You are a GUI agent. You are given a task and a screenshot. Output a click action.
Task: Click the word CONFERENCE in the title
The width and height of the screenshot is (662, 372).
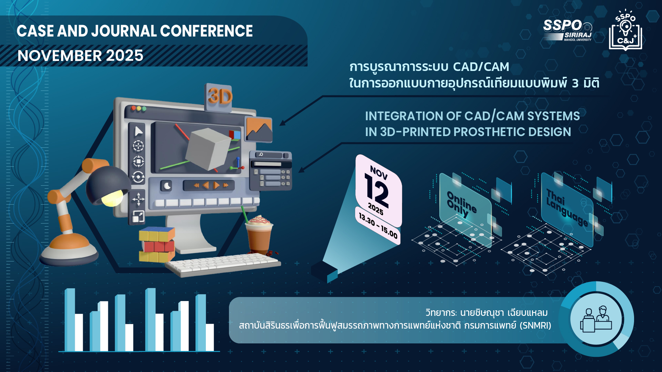[x=206, y=31]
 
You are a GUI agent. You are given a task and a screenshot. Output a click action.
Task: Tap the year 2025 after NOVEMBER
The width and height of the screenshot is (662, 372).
[x=124, y=55]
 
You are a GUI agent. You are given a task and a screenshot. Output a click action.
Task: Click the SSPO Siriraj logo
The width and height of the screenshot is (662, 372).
[x=568, y=30]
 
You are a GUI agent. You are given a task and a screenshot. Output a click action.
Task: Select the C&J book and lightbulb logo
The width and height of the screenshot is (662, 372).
[x=625, y=30]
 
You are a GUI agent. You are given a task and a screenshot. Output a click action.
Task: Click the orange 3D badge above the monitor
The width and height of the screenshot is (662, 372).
[x=220, y=97]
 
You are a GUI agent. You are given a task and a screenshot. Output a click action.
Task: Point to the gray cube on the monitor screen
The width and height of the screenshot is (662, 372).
[x=208, y=149]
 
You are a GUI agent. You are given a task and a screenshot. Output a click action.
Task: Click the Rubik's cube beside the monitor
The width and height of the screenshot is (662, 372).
[x=157, y=244]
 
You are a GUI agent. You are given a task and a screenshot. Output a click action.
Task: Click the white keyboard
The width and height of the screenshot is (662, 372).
[x=223, y=265]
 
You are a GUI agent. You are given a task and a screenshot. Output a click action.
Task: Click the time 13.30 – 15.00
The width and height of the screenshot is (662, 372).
[x=378, y=226]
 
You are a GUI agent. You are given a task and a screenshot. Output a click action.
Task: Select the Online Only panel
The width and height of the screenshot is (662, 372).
[x=465, y=210]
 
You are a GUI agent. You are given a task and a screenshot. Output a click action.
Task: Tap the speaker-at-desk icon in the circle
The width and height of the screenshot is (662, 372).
[x=596, y=319]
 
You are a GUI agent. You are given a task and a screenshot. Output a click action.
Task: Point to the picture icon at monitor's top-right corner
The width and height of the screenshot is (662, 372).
[x=259, y=129]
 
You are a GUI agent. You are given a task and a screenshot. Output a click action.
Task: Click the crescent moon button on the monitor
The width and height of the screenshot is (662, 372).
[x=167, y=186]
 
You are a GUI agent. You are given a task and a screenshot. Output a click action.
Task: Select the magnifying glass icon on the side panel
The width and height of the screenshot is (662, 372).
[x=261, y=155]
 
